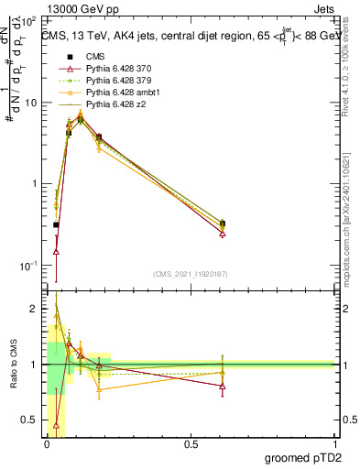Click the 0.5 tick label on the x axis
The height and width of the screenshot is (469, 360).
[x=191, y=444]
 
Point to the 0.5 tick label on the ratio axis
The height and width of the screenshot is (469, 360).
[x=29, y=420]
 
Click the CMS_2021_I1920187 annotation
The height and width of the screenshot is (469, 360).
[x=190, y=274]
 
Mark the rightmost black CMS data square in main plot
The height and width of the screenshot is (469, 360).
[x=223, y=224]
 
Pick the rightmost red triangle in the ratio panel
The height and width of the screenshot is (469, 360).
[x=223, y=386]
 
